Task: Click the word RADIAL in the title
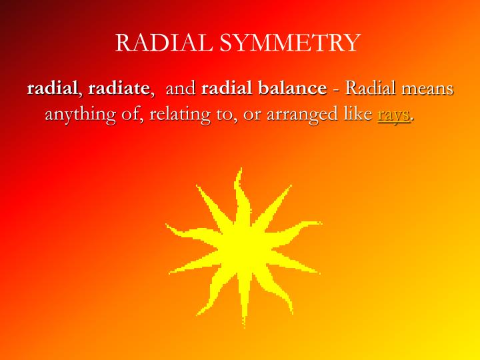click(x=165, y=43)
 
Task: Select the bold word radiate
click(x=119, y=89)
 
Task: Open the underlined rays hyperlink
click(x=393, y=115)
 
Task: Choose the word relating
click(x=176, y=115)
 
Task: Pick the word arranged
click(x=300, y=115)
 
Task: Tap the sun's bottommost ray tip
click(x=243, y=327)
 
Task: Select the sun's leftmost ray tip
click(x=167, y=226)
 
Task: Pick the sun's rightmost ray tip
click(x=321, y=223)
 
